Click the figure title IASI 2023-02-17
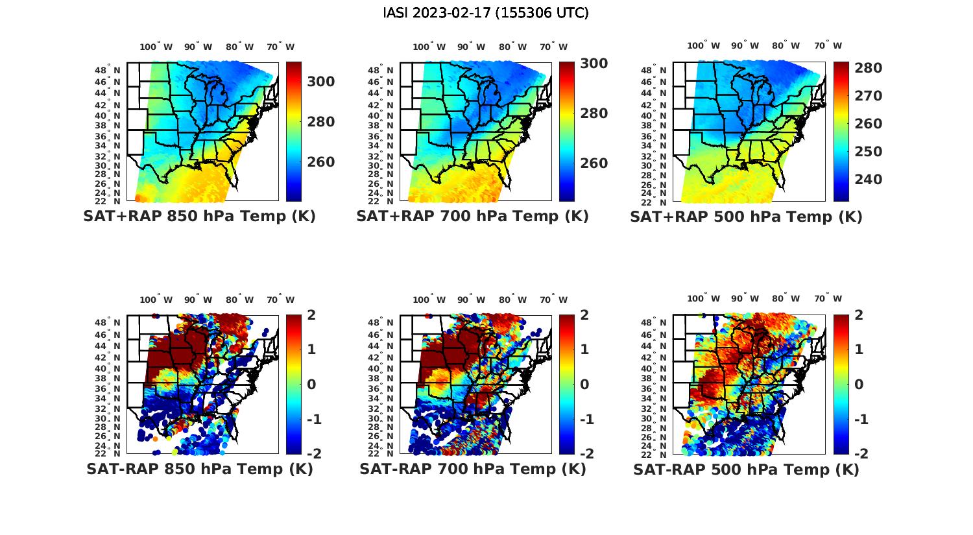click(x=486, y=13)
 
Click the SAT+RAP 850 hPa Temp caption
click(x=199, y=216)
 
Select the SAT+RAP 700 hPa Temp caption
click(x=472, y=216)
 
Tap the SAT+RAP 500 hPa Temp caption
click(x=746, y=217)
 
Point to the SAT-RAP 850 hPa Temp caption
click(x=199, y=469)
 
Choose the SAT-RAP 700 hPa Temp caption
click(x=472, y=469)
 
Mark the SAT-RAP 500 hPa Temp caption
click(x=746, y=470)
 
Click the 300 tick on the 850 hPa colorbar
click(x=321, y=82)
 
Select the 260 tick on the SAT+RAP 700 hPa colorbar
click(x=594, y=163)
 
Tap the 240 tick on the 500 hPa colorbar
click(x=868, y=180)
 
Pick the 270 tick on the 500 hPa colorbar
click(x=868, y=96)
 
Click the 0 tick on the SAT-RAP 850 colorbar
click(x=311, y=384)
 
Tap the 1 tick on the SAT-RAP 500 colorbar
click(x=859, y=349)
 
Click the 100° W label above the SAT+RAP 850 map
click(x=156, y=47)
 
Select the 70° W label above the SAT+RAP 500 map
click(x=828, y=45)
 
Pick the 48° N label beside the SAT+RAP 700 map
click(x=383, y=70)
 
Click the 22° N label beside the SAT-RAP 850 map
click(x=108, y=453)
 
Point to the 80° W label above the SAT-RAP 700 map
click(x=513, y=300)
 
